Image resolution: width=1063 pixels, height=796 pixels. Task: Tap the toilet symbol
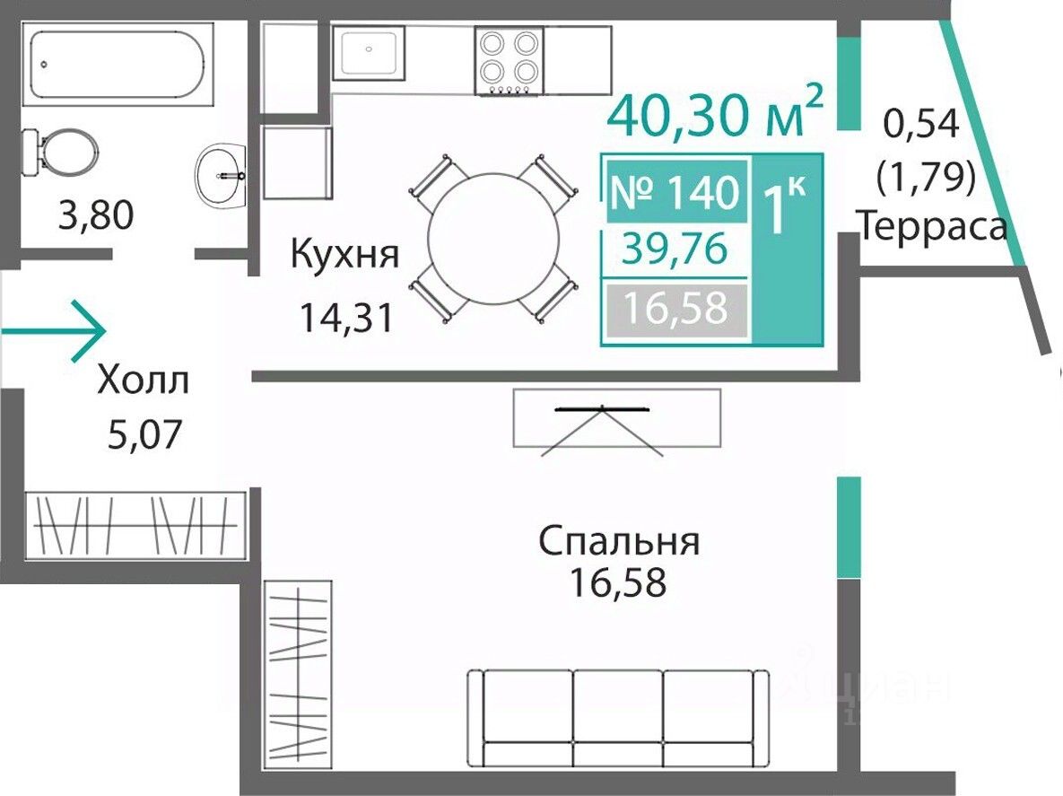tap(60, 152)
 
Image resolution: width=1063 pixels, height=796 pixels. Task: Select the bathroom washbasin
tap(221, 176)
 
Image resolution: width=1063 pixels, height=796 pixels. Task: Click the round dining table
tap(493, 239)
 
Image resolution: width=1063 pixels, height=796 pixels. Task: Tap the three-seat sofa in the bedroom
tap(618, 718)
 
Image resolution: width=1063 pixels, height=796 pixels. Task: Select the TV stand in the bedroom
tap(616, 418)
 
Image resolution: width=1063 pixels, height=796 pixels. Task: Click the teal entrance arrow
tap(53, 331)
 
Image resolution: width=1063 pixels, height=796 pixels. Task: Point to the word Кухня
tap(344, 255)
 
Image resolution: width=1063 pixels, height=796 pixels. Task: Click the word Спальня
tap(619, 542)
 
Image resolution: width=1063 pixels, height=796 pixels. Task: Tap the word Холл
tap(143, 381)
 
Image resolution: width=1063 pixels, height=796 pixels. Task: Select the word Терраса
tap(932, 227)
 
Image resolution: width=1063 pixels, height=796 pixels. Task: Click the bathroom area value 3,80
tap(96, 215)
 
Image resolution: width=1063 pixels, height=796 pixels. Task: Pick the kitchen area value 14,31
tap(345, 318)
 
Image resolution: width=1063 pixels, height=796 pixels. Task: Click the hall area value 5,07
tap(145, 434)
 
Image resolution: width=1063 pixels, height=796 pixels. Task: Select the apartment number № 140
tap(675, 193)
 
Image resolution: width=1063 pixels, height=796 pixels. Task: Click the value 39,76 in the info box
tap(675, 249)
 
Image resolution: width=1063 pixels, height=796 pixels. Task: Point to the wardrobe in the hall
tap(135, 526)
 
